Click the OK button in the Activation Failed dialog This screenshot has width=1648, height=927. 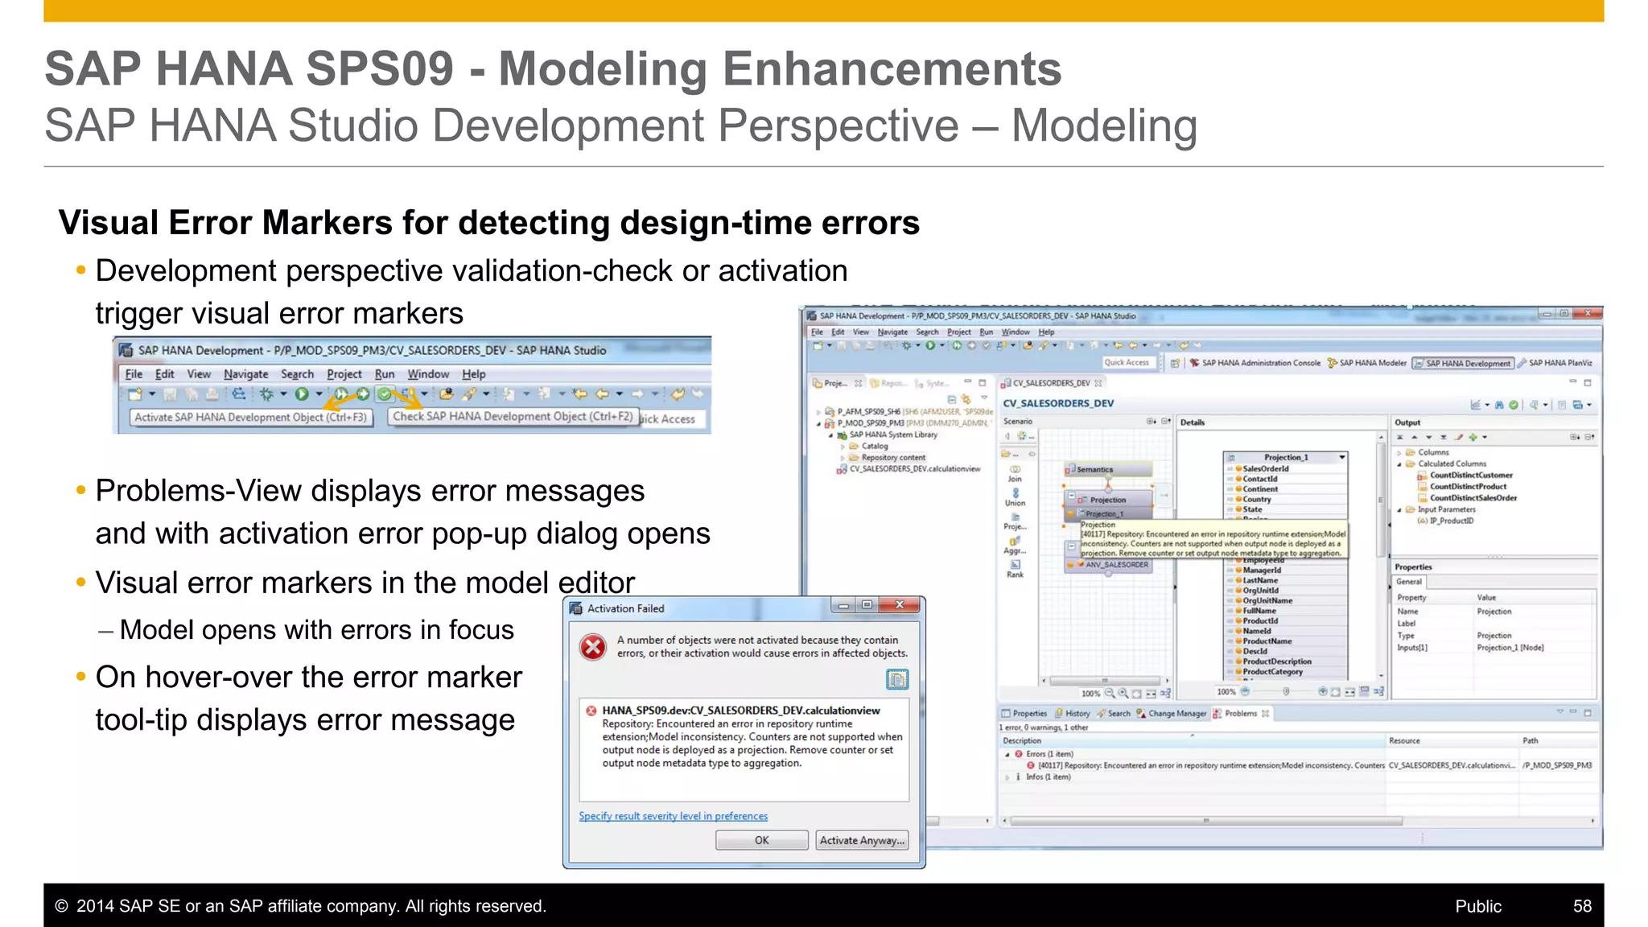(761, 840)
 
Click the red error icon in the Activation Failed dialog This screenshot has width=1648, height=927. (593, 647)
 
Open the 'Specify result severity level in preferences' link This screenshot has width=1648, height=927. (673, 816)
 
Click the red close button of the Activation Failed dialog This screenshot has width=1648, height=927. (900, 605)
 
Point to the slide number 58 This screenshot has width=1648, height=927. (1582, 906)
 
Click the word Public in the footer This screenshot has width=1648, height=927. (1477, 906)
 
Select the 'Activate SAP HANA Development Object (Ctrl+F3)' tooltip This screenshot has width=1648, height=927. (250, 418)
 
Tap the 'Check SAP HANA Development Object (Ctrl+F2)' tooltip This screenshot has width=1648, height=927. (513, 416)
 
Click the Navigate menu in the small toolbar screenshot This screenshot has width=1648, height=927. (245, 374)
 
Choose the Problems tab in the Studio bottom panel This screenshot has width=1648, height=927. (1240, 713)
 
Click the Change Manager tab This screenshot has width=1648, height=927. (1176, 713)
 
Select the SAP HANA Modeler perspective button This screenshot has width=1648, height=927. (1373, 363)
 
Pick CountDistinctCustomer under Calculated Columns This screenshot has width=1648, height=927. (1470, 475)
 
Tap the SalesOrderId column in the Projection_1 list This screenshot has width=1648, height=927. (1265, 468)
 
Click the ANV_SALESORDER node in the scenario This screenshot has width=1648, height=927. (1116, 565)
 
